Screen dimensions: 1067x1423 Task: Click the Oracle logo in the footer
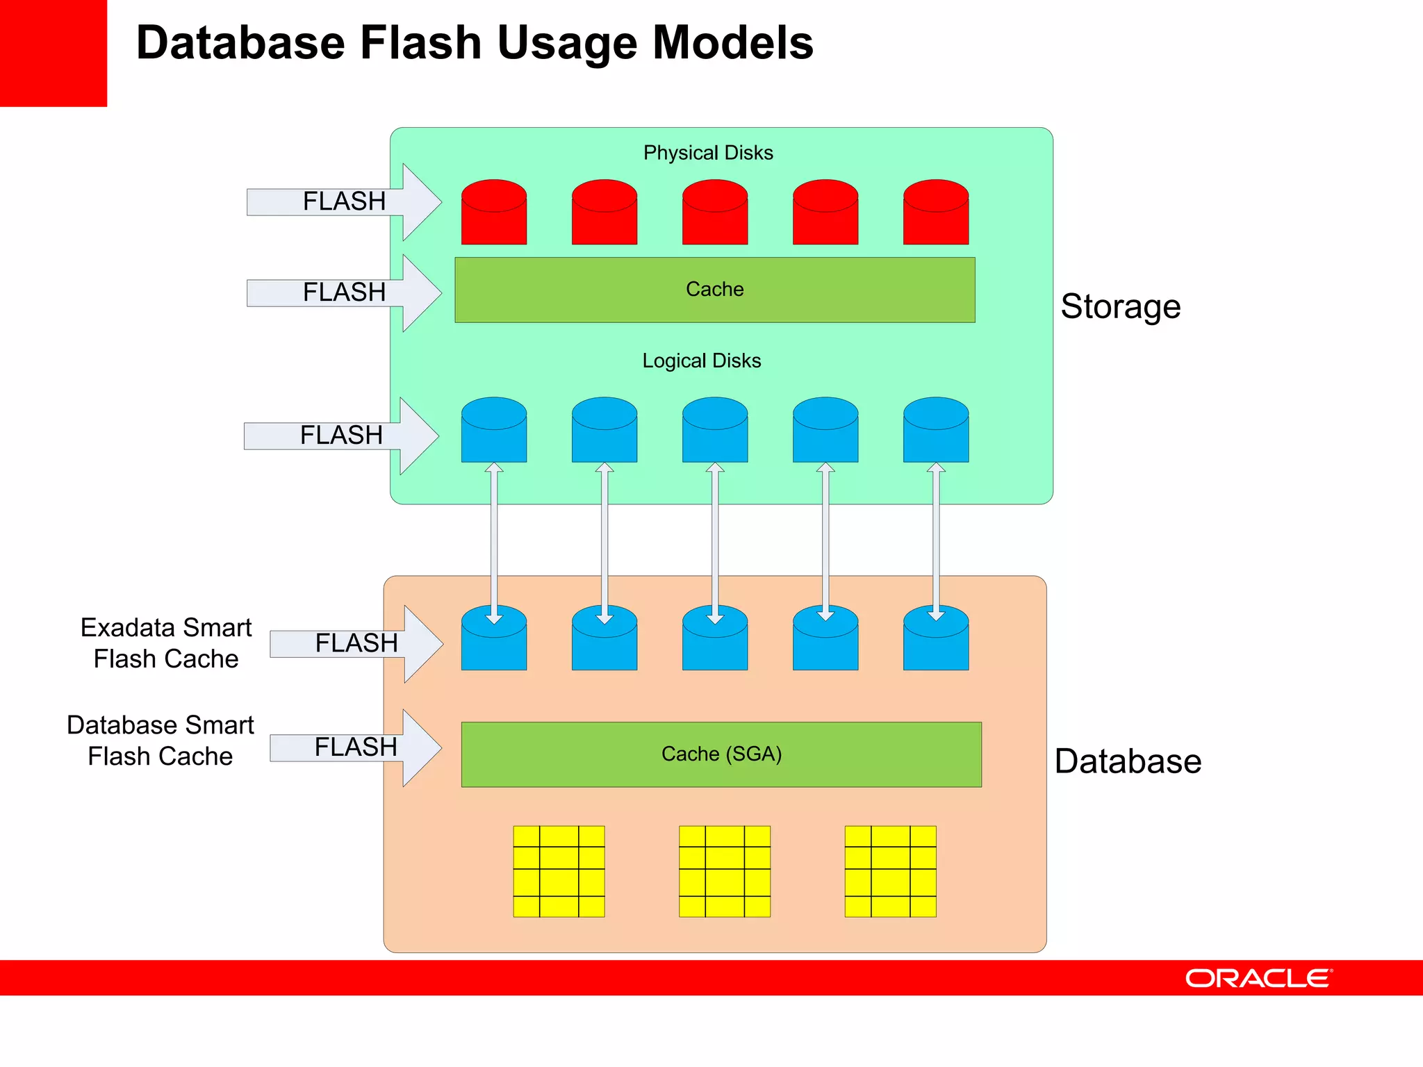pos(1258,978)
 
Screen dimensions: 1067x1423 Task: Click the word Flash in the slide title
pos(420,43)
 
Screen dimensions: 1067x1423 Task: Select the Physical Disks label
pos(707,153)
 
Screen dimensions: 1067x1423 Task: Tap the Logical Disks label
pos(701,361)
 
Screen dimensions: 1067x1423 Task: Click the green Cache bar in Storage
pos(714,290)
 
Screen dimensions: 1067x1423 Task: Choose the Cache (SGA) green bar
pos(721,754)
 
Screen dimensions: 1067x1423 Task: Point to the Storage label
pos(1120,306)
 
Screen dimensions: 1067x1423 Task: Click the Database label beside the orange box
pos(1127,761)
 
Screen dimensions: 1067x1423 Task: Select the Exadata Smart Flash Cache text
pos(165,643)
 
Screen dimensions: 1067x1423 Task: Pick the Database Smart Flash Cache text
pos(160,741)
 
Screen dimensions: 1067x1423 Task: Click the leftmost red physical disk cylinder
pos(493,213)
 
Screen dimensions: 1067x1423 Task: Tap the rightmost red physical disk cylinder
pos(935,213)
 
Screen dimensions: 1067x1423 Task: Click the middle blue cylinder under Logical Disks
pos(714,430)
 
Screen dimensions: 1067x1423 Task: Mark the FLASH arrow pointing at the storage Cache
pos(344,292)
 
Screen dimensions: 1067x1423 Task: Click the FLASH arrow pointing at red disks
pos(344,201)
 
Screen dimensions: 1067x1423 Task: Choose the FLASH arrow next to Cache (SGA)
pos(355,747)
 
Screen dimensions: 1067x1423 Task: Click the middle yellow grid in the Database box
pos(724,871)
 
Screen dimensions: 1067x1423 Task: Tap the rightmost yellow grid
pos(890,871)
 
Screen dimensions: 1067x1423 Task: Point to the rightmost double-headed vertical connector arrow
pos(936,542)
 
